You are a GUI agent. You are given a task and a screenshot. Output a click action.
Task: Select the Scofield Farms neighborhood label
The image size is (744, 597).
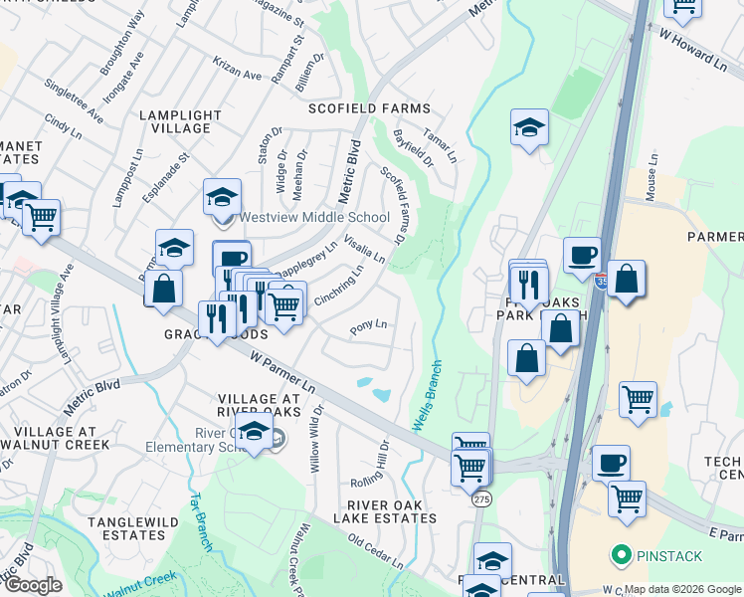(369, 108)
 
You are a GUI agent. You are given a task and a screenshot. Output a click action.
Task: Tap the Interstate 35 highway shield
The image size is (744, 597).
(603, 282)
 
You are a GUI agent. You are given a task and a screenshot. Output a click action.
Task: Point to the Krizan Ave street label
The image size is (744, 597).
(237, 68)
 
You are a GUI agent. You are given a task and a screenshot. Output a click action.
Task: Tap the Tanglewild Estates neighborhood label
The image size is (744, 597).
(125, 528)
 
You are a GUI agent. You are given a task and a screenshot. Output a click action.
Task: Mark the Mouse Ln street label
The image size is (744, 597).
(653, 178)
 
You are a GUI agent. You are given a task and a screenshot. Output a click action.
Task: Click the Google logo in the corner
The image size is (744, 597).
(34, 585)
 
